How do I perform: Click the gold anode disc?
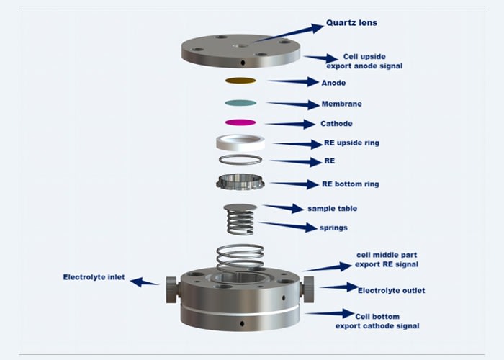click(240, 81)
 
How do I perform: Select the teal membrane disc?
click(240, 102)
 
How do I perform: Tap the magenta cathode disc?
click(240, 123)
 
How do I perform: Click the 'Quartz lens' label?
click(351, 23)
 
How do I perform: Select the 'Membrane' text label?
click(341, 104)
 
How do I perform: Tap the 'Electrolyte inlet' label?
click(94, 277)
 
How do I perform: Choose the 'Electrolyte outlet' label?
click(391, 290)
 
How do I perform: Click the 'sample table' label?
click(332, 209)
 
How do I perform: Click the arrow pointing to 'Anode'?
click(292, 82)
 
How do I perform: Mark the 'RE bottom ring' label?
click(350, 184)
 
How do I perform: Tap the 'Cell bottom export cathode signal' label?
click(377, 320)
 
